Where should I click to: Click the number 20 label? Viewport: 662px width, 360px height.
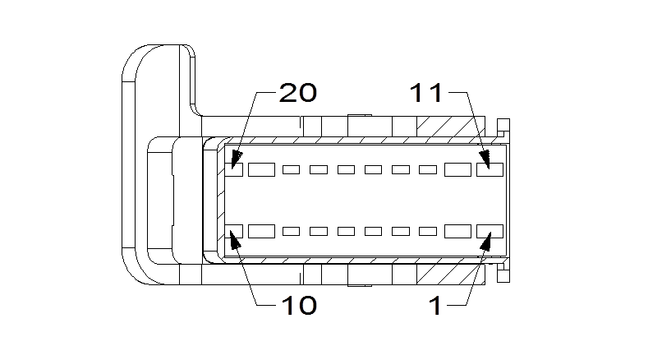(298, 93)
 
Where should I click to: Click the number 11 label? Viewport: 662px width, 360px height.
(426, 93)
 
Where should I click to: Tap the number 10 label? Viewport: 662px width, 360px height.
(298, 306)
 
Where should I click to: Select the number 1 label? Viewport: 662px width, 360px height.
(435, 306)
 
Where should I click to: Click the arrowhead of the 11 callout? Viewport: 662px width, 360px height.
(486, 158)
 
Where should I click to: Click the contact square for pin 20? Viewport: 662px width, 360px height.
(236, 170)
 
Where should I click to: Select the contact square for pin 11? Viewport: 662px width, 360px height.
(490, 170)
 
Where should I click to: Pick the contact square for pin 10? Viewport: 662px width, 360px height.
(236, 231)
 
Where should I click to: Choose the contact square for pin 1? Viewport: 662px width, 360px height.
(490, 231)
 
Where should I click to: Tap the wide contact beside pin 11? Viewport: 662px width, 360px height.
(457, 170)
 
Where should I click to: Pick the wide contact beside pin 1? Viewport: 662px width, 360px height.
(457, 231)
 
